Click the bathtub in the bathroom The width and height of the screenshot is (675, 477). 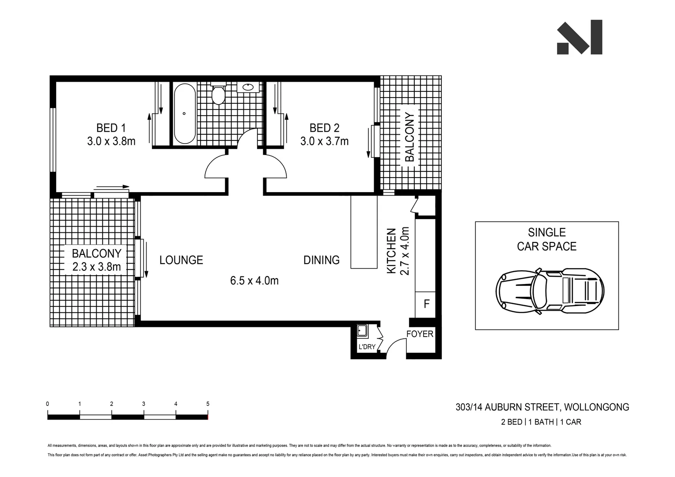[184, 113]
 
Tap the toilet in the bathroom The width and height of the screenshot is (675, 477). [218, 94]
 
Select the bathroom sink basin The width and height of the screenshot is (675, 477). [248, 87]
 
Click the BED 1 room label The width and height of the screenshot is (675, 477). [111, 128]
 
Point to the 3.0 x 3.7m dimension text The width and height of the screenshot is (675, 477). [324, 141]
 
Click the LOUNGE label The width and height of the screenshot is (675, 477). [181, 260]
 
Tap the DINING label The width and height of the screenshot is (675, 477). [321, 260]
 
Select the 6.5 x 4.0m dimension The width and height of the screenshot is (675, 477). [254, 280]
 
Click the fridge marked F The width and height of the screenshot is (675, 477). [426, 304]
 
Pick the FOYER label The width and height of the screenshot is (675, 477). [420, 334]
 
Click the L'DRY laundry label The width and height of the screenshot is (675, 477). [367, 347]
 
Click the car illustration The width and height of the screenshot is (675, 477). [550, 291]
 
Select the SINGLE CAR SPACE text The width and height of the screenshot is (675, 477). [546, 239]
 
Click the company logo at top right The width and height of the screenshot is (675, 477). [579, 38]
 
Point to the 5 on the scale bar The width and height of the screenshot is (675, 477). [208, 404]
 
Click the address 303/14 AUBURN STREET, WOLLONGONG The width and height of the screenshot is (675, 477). [542, 407]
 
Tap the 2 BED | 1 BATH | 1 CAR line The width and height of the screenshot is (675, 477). [541, 422]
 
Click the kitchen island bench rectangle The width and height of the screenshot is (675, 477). [364, 232]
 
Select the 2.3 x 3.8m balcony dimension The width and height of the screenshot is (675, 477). [96, 267]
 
